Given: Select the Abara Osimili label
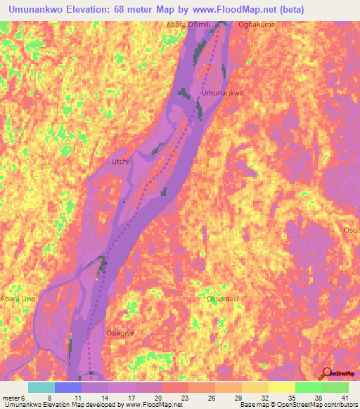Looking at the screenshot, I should pyautogui.click(x=188, y=25).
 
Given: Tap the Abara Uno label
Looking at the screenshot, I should pyautogui.click(x=18, y=298).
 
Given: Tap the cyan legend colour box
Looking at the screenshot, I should pyautogui.click(x=41, y=387).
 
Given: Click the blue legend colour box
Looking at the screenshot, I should pyautogui.click(x=68, y=387).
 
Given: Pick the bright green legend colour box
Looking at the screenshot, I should pyautogui.click(x=309, y=387).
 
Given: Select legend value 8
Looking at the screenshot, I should pyautogui.click(x=49, y=397).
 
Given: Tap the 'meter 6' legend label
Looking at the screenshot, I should pyautogui.click(x=13, y=397).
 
